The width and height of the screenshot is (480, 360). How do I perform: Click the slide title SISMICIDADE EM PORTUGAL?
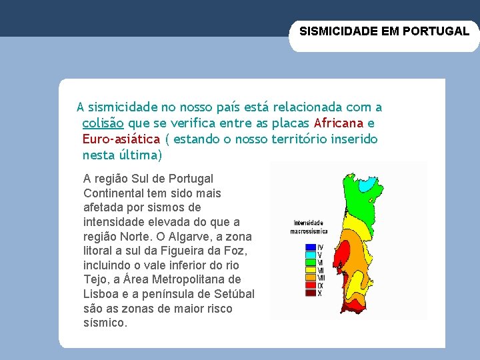click(x=384, y=31)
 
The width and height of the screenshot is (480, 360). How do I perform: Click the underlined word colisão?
click(x=103, y=123)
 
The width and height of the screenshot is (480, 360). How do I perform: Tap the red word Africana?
click(x=339, y=123)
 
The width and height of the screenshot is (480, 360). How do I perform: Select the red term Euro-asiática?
click(x=121, y=139)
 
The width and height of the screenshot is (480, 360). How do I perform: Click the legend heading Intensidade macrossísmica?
click(x=308, y=227)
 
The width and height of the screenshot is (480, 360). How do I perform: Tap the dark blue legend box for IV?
click(x=310, y=247)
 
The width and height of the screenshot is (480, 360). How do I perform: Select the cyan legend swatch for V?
click(x=310, y=255)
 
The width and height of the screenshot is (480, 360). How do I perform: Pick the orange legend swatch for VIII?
click(x=310, y=277)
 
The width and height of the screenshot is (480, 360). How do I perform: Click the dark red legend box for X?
click(x=310, y=293)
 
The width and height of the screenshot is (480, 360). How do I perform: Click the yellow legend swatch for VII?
click(x=310, y=270)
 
